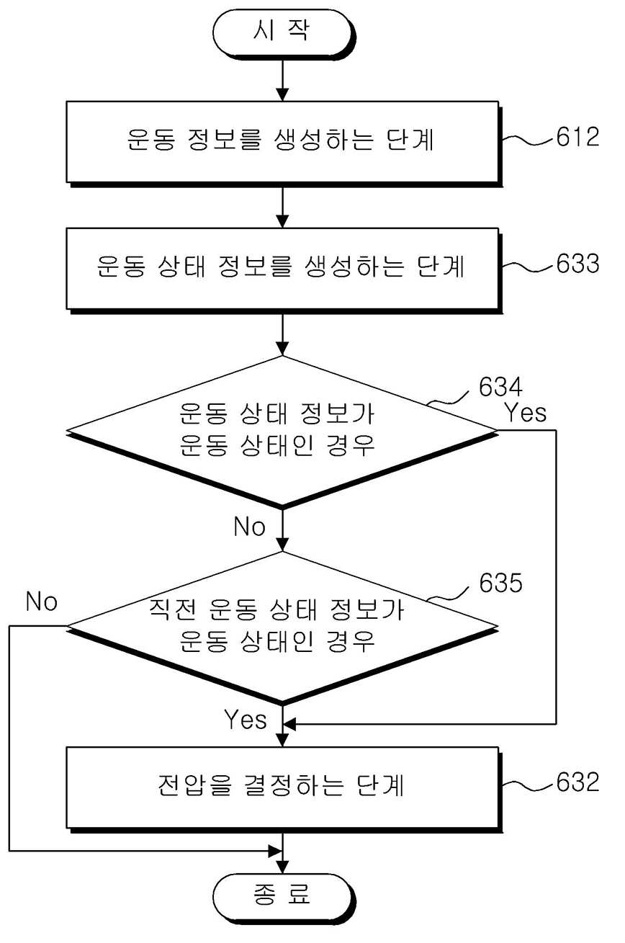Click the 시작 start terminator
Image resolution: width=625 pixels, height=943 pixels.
pos(283,33)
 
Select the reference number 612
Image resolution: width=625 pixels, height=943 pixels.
pos(577,137)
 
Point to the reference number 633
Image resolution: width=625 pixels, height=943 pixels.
pos(577,264)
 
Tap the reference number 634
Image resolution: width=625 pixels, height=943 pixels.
pos(500,386)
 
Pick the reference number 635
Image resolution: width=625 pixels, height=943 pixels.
pos(500,583)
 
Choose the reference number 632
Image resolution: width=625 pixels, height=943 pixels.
pos(577,782)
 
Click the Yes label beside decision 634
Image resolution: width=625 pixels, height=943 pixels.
pos(525,412)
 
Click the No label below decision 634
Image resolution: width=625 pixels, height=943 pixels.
pos(250,526)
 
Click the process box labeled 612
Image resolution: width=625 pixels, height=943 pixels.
pos(284,143)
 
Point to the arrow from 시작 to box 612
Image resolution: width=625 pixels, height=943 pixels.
pos(282,80)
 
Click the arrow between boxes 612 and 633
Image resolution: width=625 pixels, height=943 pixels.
pos(282,207)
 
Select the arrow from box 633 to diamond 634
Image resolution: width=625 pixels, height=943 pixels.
pos(282,335)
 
